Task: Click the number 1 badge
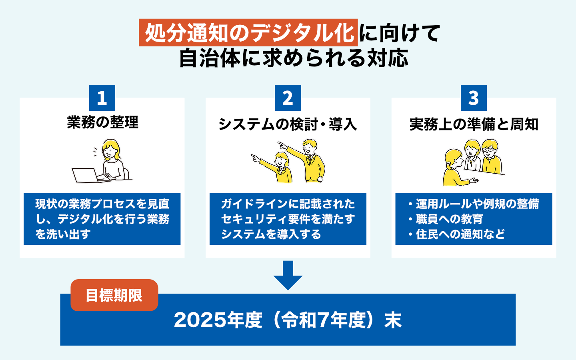click(x=102, y=98)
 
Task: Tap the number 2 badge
click(x=288, y=98)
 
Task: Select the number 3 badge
click(x=474, y=98)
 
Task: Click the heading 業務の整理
click(x=102, y=122)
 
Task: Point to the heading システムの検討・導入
click(x=288, y=124)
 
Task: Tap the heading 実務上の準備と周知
click(x=474, y=124)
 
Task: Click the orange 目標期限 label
click(x=114, y=295)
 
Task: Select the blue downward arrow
click(x=288, y=275)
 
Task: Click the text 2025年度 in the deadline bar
click(x=218, y=320)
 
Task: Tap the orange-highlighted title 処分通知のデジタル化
click(x=248, y=33)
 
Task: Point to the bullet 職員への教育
click(x=446, y=219)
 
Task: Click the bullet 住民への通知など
click(x=456, y=234)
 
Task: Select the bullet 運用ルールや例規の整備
click(x=474, y=204)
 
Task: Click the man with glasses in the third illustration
click(x=491, y=157)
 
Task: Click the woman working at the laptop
click(x=113, y=160)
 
